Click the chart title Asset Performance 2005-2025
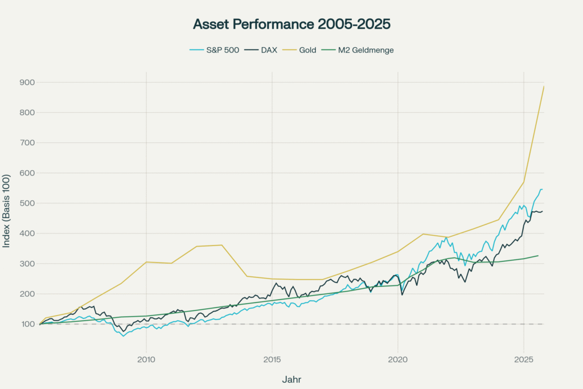(291, 24)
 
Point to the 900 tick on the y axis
(27, 83)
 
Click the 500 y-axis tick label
(27, 203)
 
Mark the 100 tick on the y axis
(27, 324)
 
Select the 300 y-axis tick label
(27, 264)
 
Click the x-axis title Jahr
(291, 379)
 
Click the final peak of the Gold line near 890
(544, 87)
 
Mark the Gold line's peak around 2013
(221, 245)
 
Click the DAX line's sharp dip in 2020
(403, 294)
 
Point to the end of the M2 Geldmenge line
(538, 256)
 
